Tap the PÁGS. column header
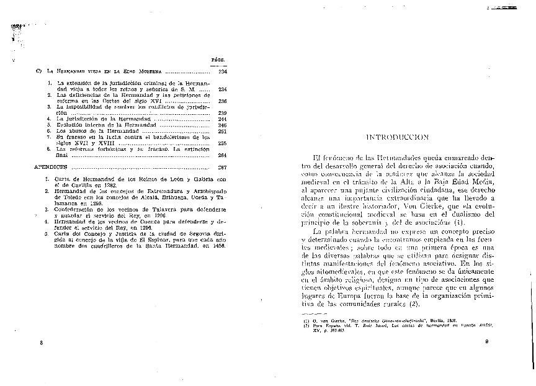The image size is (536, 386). tap(218, 61)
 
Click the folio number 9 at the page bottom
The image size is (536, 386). tap(487, 342)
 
